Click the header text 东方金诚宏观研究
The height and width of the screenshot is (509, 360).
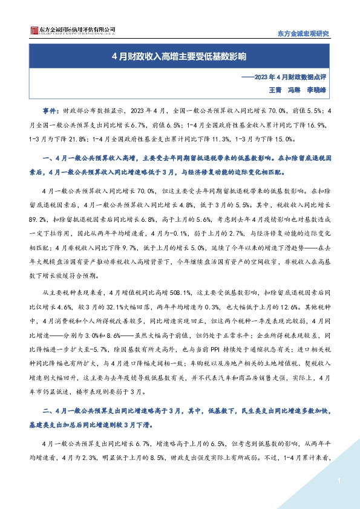coord(303,33)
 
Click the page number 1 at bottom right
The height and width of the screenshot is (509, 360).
coord(341,481)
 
